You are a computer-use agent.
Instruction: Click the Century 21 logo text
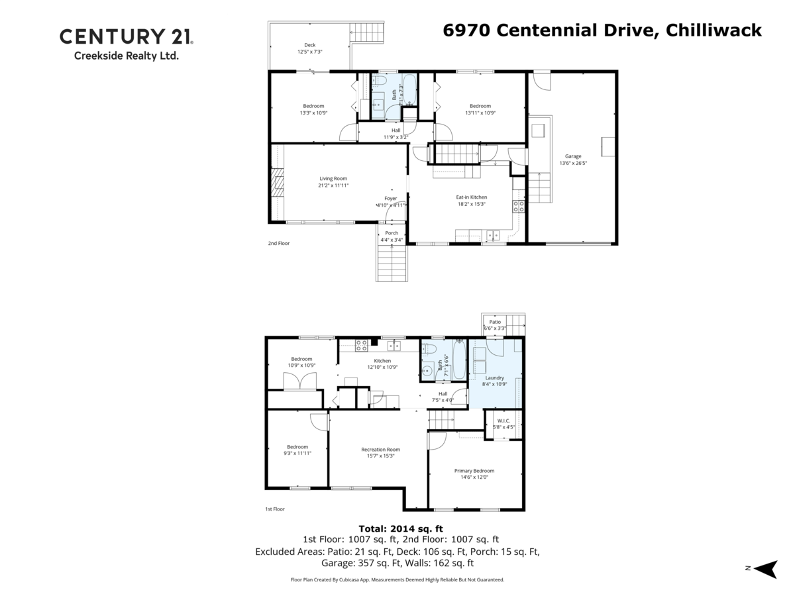pos(126,36)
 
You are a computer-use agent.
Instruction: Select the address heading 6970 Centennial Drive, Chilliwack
pos(602,30)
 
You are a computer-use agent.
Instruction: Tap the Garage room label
pos(573,156)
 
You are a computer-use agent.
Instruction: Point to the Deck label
pos(309,45)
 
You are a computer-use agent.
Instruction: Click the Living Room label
pos(333,178)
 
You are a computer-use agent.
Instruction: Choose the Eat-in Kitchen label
pos(471,197)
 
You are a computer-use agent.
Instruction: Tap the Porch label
pos(392,232)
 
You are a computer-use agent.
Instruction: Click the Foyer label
pos(391,198)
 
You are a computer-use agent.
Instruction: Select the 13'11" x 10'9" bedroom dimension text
pos(480,113)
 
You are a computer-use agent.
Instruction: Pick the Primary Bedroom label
pos(474,471)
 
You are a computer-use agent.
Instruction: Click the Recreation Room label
pos(380,449)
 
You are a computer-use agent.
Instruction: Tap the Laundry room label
pos(495,377)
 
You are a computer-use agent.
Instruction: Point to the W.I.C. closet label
pos(503,420)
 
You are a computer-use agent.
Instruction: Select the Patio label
pos(495,322)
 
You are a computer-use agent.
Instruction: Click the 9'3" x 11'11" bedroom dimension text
pos(297,453)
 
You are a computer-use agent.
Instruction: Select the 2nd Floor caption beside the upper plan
pos(278,243)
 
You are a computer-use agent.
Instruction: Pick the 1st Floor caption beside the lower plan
pos(274,509)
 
